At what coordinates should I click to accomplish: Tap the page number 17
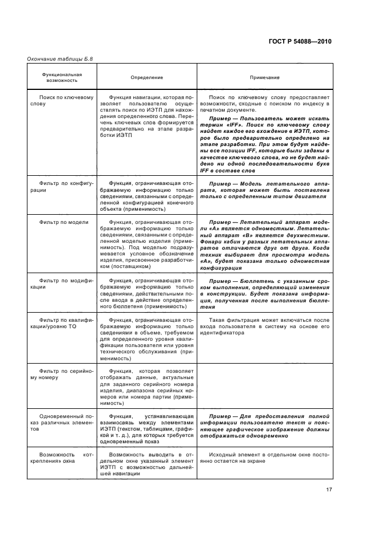tap(328, 490)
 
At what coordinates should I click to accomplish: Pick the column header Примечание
tap(265, 77)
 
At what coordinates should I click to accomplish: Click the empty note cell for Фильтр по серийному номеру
tap(265, 387)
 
